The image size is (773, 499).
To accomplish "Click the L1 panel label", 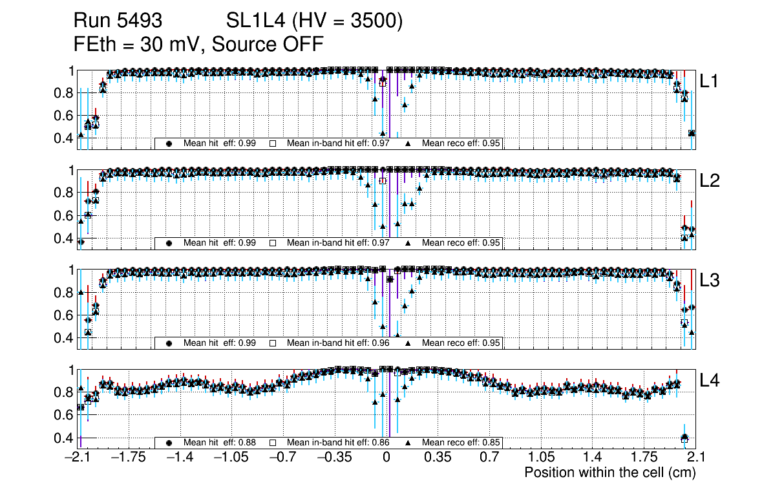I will point(710,81).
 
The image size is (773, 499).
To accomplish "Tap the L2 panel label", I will point(710,181).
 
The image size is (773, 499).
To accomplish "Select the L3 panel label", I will point(710,281).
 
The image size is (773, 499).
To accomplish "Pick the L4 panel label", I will point(710,381).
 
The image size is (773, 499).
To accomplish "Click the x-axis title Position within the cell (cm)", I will point(609,472).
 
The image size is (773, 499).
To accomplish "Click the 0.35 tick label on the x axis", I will point(438,458).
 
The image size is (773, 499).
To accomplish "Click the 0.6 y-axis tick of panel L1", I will point(65,116).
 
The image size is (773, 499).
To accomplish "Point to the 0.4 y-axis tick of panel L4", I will point(65,438).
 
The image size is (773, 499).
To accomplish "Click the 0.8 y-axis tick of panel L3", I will point(65,292).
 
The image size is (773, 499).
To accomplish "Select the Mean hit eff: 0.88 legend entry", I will point(220,443).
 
